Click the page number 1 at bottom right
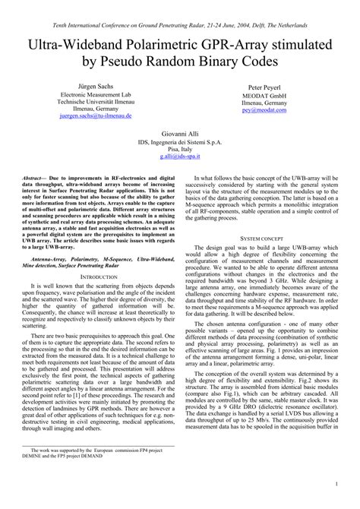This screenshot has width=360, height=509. [x=336, y=482]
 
